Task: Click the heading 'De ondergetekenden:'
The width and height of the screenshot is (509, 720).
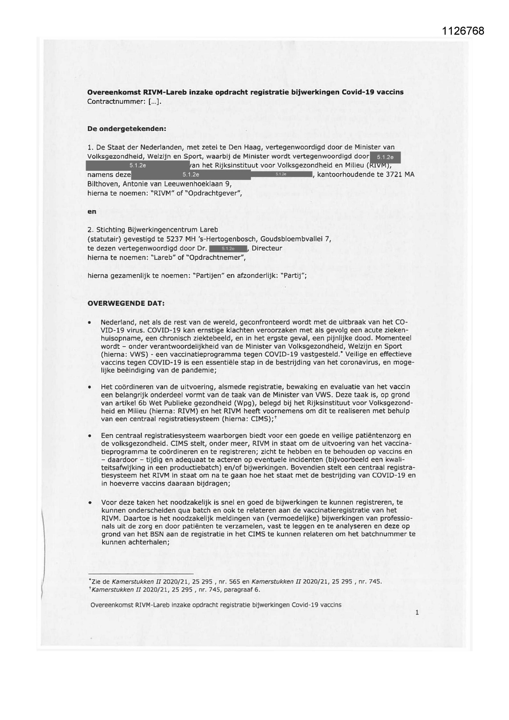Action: (127, 128)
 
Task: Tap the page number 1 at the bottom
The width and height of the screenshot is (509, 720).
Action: (417, 613)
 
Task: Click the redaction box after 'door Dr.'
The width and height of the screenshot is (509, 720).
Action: (228, 248)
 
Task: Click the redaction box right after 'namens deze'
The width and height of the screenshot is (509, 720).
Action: (191, 174)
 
